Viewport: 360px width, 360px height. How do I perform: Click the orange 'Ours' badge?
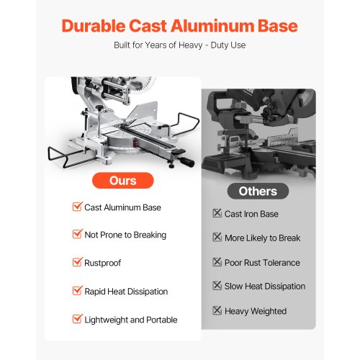point(123,179)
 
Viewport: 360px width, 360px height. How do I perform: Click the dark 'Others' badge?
point(258,191)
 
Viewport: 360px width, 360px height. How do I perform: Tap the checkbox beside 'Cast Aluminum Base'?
point(77,207)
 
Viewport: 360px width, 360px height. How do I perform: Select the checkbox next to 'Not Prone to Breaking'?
point(77,235)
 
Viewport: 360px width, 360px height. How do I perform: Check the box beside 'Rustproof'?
point(77,263)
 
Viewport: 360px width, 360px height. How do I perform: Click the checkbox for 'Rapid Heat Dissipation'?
point(77,291)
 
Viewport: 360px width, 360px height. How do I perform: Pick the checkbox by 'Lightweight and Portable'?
point(77,319)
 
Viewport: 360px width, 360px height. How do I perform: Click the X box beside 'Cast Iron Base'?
point(217,214)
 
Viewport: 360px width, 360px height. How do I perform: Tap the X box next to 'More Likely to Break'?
point(217,238)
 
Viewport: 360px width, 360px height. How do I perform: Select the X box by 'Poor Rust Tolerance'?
point(217,262)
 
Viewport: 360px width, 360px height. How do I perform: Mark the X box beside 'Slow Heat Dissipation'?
point(217,286)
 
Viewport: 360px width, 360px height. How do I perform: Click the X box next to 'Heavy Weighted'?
point(217,311)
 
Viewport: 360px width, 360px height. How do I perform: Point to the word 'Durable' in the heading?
point(96,26)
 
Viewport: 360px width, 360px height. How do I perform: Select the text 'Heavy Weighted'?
point(256,311)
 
